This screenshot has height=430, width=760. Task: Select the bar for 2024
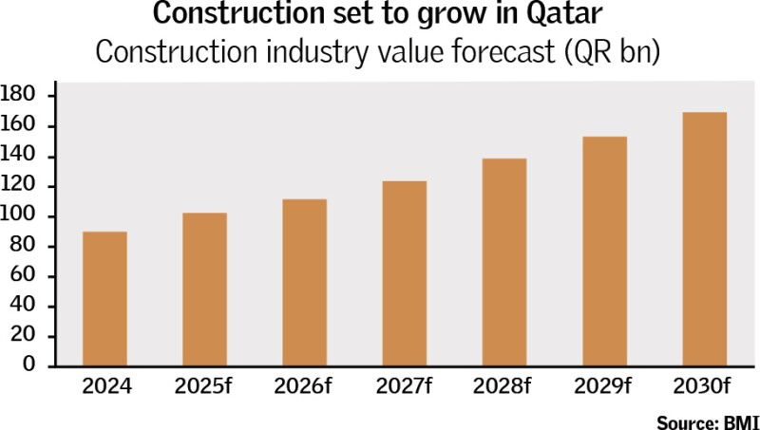tap(105, 299)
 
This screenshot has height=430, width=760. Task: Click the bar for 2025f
tap(204, 290)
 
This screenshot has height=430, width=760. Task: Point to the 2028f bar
tap(503, 262)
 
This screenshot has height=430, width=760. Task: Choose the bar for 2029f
tap(604, 252)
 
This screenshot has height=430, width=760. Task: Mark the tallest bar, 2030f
tap(705, 239)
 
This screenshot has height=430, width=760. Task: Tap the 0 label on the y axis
tap(30, 365)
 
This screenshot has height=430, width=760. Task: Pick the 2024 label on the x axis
tap(105, 387)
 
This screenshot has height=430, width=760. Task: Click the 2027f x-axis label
tap(404, 387)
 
